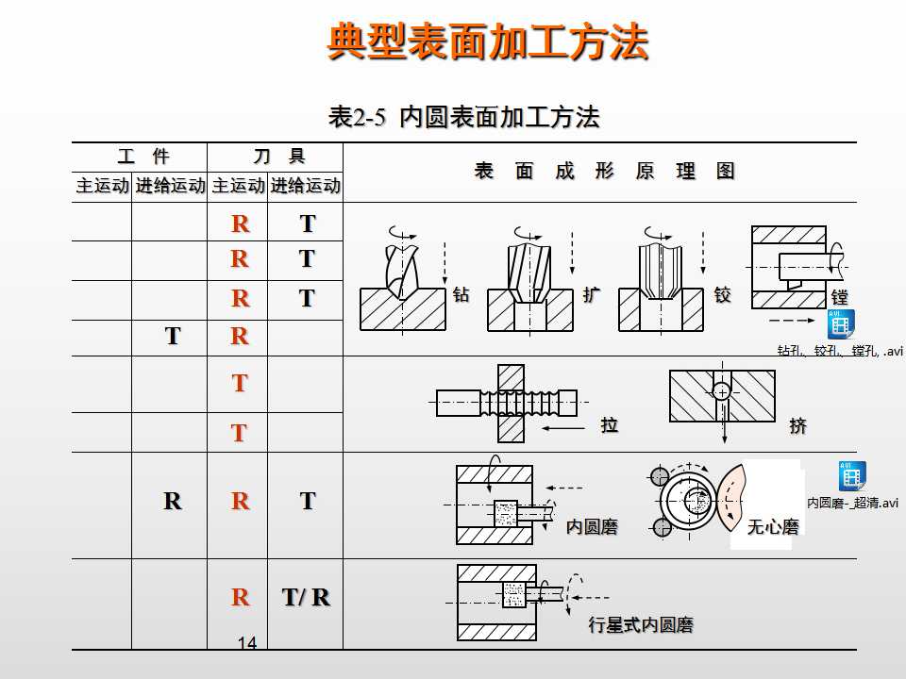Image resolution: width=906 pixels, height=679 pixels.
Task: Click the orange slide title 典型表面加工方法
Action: tap(488, 42)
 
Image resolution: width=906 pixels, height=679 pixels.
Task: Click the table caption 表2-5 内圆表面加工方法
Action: tap(463, 117)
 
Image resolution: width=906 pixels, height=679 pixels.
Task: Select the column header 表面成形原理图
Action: tap(604, 171)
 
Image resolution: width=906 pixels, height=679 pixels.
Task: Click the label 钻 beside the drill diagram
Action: tap(461, 295)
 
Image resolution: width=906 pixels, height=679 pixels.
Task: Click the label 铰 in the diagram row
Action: tap(722, 295)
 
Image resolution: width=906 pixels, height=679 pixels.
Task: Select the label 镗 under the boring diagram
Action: tap(839, 297)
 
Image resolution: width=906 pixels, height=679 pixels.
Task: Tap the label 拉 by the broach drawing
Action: tap(610, 425)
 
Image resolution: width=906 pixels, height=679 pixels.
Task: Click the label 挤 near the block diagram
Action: tap(798, 426)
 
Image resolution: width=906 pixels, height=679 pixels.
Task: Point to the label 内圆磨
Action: tap(592, 527)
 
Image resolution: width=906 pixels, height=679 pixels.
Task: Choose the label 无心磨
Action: tap(773, 527)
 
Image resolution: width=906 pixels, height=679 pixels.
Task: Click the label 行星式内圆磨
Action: tap(641, 625)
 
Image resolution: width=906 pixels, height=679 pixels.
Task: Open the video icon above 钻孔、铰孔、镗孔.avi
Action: tap(839, 323)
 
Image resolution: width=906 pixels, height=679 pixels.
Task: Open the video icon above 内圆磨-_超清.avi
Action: tap(851, 475)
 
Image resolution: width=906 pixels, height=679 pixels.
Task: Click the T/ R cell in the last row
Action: tap(306, 598)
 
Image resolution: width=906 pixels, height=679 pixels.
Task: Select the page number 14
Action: tap(247, 643)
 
